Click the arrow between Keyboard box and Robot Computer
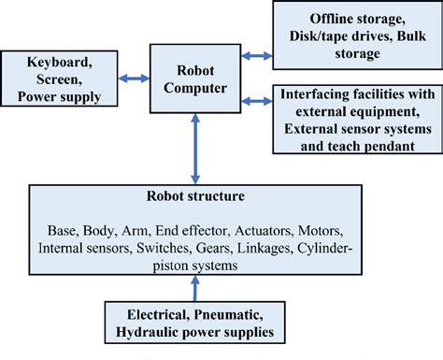click(x=139, y=79)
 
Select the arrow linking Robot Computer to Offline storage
click(x=252, y=55)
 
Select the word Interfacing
click(x=315, y=95)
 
